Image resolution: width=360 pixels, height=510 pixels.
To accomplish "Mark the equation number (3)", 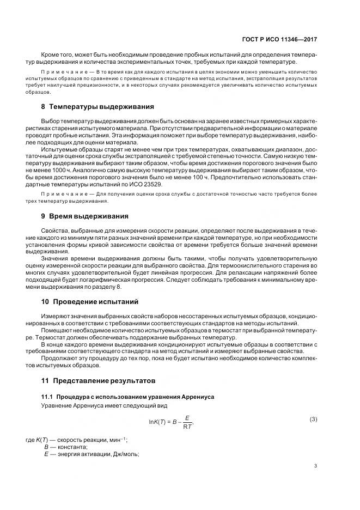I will coord(313,418).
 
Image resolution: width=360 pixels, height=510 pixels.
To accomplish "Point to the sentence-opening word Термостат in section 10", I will coord(58,337).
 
